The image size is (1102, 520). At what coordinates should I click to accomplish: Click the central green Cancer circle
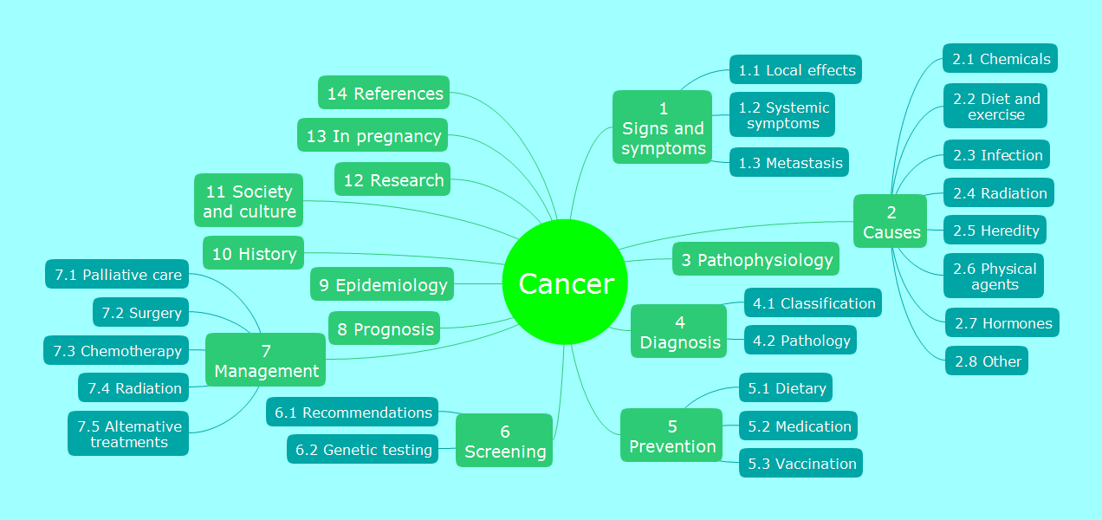(565, 282)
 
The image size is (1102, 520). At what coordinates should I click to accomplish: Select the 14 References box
(384, 93)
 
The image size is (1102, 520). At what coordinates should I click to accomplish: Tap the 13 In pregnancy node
(373, 135)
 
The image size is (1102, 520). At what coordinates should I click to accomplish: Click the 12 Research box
(392, 179)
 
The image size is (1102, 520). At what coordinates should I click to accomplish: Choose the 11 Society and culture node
(249, 200)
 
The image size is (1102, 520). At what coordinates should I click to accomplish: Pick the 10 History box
(253, 253)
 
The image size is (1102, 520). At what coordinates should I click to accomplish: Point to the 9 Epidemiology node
(382, 284)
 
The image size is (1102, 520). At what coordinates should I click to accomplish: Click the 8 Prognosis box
(384, 328)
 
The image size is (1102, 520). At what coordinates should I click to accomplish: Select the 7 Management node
(266, 360)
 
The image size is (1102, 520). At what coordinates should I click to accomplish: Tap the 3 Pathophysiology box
(755, 259)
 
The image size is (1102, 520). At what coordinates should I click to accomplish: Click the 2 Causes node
(890, 221)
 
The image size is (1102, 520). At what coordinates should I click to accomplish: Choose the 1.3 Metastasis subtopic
(789, 162)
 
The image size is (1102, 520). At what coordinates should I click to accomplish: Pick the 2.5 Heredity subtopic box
(995, 230)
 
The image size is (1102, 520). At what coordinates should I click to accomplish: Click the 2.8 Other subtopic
(987, 361)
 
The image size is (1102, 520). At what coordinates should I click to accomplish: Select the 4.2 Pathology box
(801, 340)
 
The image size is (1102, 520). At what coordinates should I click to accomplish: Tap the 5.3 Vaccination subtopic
(801, 463)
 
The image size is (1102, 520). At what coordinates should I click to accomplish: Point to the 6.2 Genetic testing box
(363, 449)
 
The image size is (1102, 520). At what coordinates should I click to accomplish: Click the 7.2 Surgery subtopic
(140, 312)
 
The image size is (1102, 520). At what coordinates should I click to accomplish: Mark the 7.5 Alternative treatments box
(128, 433)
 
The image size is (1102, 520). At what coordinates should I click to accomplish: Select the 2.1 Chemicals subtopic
(1000, 58)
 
